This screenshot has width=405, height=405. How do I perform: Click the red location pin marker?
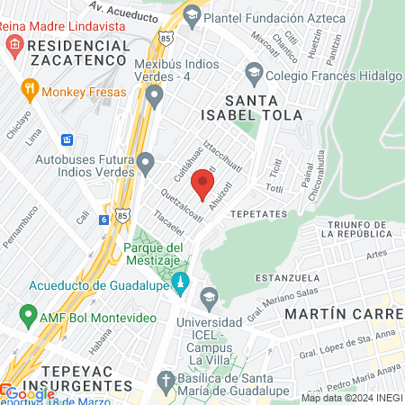tap(202, 185)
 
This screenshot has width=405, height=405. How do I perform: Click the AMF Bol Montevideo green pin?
tap(28, 316)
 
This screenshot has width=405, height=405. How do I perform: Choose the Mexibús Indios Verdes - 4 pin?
tap(154, 94)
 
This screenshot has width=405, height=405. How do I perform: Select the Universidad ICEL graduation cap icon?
tap(209, 296)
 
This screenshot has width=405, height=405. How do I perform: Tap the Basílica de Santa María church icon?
tap(166, 382)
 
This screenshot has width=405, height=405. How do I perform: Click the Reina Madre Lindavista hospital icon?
tap(12, 44)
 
